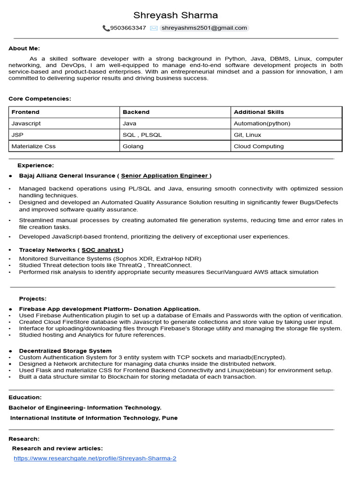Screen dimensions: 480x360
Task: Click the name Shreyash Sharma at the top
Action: [x=176, y=15]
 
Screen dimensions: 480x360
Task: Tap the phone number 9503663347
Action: [x=128, y=28]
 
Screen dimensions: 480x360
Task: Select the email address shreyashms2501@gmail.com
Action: [x=204, y=28]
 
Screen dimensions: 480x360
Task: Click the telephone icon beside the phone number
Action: [x=106, y=28]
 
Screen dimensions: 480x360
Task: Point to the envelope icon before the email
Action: [x=154, y=28]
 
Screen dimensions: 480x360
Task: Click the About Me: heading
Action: [x=24, y=48]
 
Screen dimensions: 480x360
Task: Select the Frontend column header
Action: [x=25, y=112]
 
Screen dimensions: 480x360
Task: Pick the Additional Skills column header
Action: [x=259, y=112]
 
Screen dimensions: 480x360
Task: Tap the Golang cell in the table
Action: [x=133, y=146]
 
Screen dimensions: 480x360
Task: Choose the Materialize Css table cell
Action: [x=33, y=146]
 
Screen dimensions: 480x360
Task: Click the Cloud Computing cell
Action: [x=259, y=146]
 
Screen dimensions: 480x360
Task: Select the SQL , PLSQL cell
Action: [x=142, y=135]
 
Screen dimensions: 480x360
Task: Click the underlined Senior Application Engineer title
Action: [x=165, y=176]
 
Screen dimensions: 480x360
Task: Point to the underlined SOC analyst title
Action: [x=102, y=250]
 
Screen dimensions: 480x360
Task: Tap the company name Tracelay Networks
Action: [x=47, y=250]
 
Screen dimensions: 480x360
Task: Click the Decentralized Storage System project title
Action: [x=65, y=351]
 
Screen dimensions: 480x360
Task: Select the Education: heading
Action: [x=25, y=397]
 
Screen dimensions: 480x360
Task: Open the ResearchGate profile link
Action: [x=95, y=458]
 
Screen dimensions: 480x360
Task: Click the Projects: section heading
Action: [x=33, y=299]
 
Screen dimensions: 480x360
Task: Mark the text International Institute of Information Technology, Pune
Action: [x=94, y=418]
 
